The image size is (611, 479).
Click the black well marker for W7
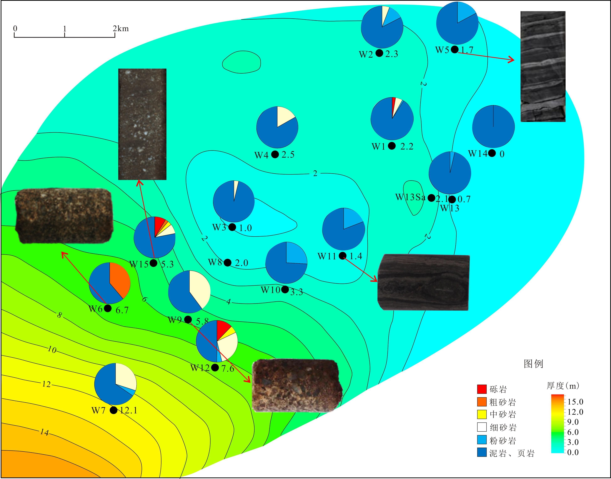[x=113, y=410]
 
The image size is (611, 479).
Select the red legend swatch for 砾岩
[x=482, y=389]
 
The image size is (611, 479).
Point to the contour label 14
[x=44, y=432]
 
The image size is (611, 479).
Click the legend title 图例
[x=533, y=364]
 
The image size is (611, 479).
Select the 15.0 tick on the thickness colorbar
[x=575, y=402]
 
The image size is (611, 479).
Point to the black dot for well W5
[x=455, y=50]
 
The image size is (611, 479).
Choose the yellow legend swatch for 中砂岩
[x=482, y=414]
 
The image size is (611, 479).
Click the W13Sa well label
[x=410, y=197]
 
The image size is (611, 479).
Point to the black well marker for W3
[x=232, y=227]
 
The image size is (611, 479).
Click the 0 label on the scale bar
[x=15, y=28]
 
